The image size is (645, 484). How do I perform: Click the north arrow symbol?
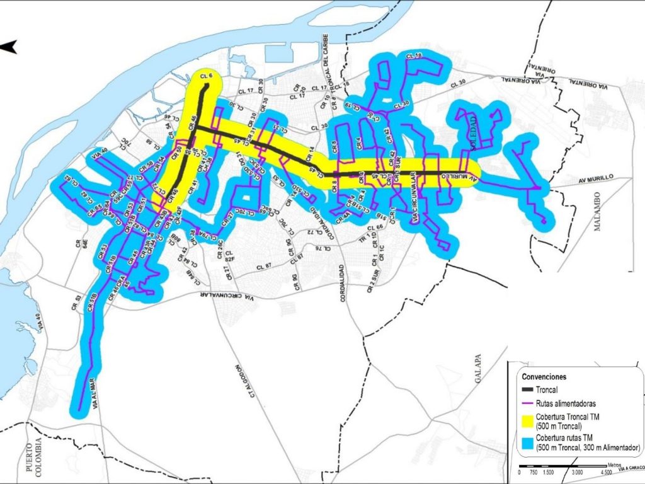coord(8,46)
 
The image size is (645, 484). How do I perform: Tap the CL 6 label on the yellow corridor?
coord(206,76)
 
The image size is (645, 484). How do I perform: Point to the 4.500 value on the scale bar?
coord(607,472)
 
